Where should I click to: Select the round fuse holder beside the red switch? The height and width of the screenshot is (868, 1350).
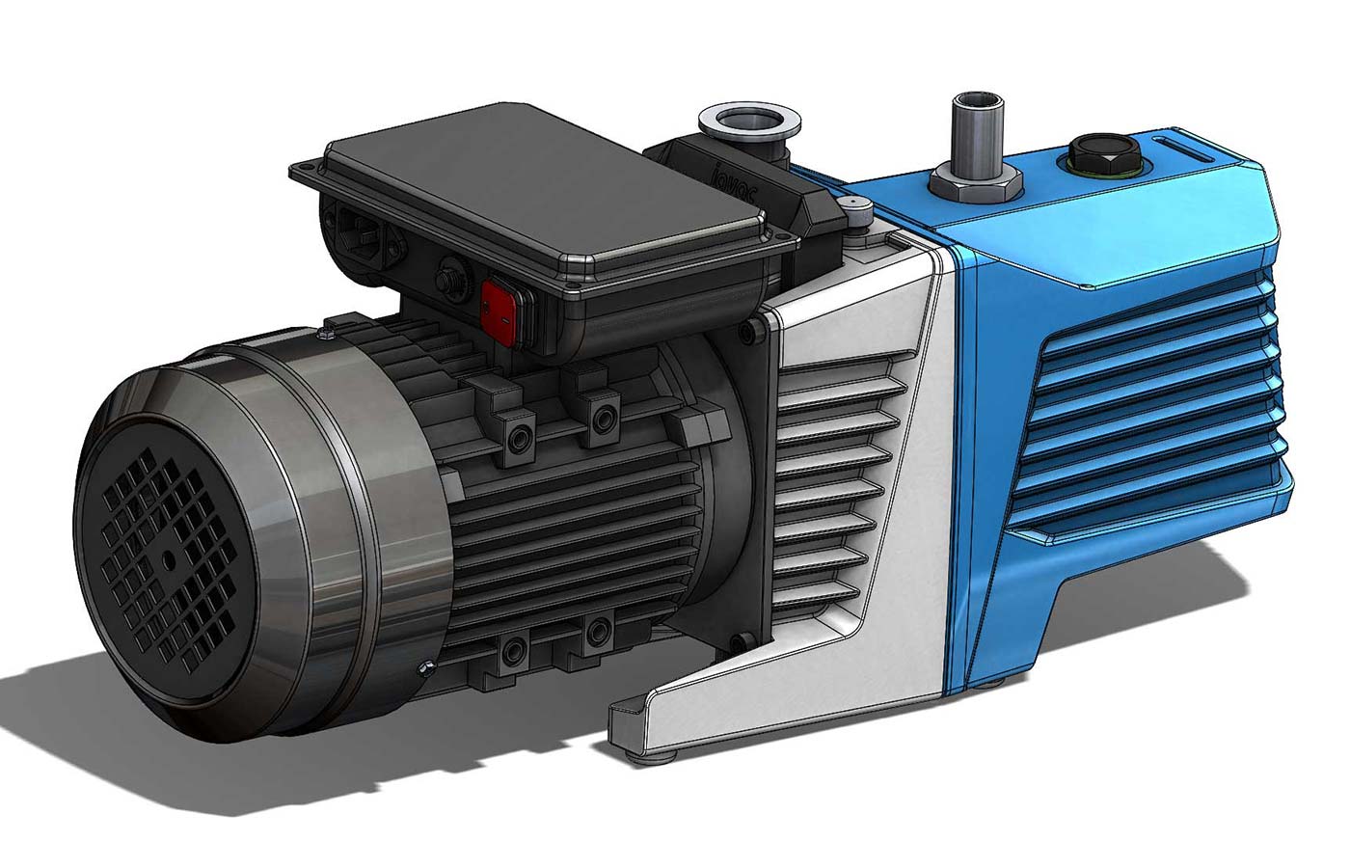point(447,280)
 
